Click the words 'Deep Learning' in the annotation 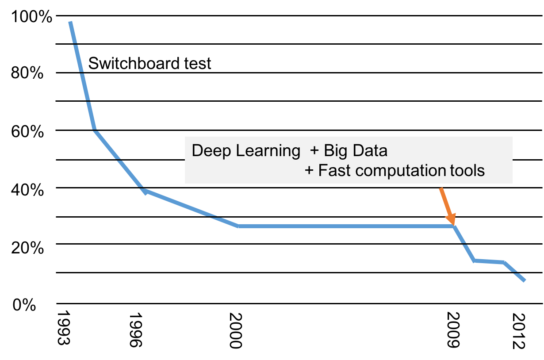tap(246, 151)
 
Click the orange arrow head tap(451, 219)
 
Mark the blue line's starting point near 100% tap(70, 22)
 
